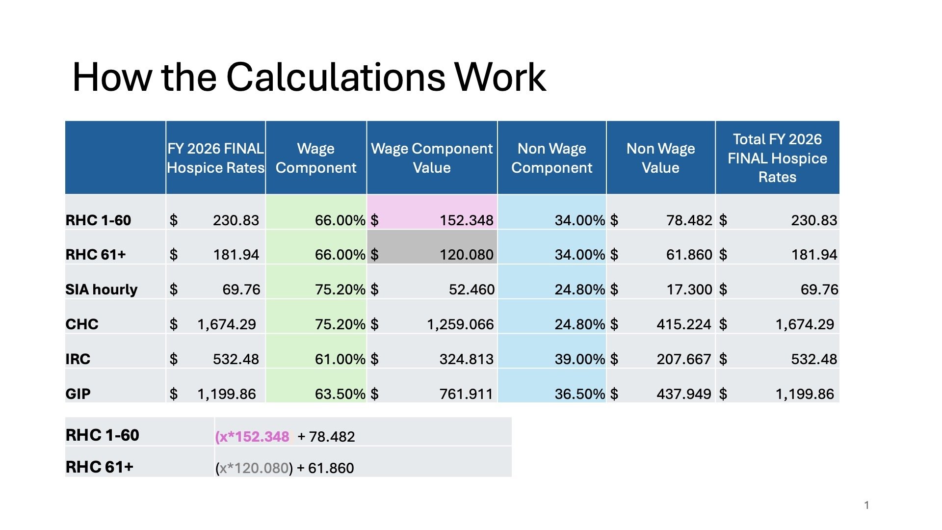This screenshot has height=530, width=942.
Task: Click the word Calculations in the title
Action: [336, 78]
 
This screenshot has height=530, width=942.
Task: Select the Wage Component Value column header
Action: [432, 158]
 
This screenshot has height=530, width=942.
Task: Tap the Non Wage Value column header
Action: [660, 158]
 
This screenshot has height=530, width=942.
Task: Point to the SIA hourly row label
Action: [102, 290]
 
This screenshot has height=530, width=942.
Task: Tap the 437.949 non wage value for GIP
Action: [683, 394]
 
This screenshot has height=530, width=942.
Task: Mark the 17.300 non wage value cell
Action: [689, 290]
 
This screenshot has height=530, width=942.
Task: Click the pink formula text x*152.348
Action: [253, 437]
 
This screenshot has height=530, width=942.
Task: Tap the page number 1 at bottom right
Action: [866, 505]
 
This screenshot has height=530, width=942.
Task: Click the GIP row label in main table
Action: [78, 394]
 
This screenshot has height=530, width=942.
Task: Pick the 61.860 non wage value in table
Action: [689, 255]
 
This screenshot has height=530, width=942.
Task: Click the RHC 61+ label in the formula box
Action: [100, 467]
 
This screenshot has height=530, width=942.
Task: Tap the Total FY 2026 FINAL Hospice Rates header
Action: [777, 158]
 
